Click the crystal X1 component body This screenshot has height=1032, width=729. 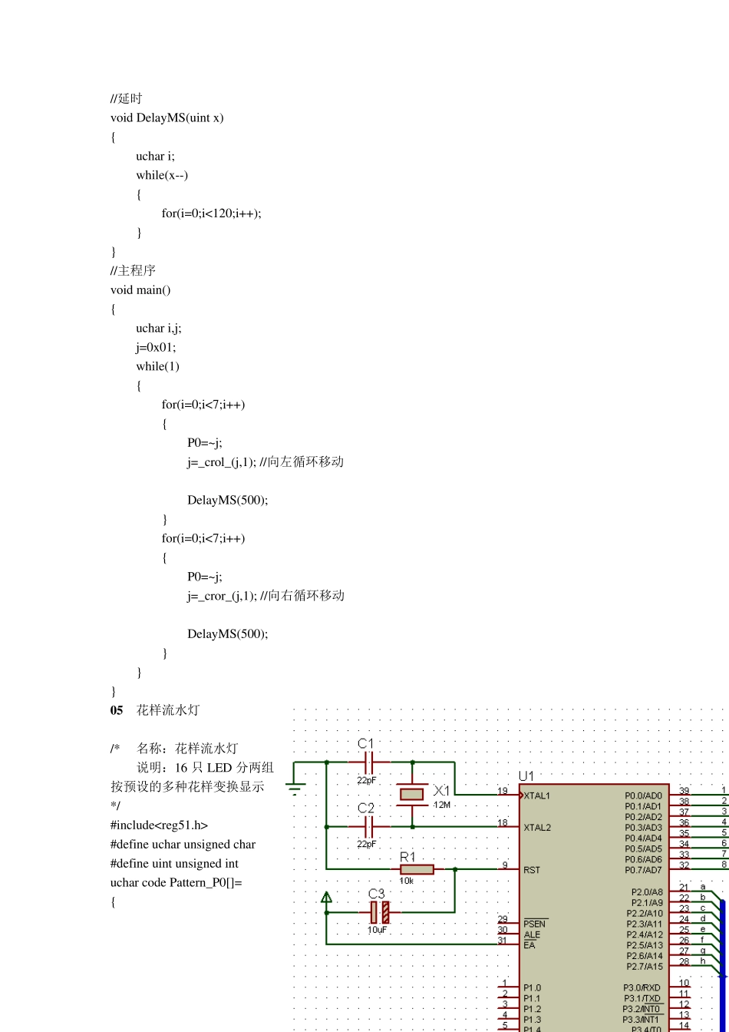pos(412,794)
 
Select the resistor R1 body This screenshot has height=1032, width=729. pos(417,869)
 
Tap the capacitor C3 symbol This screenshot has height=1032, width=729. pos(380,912)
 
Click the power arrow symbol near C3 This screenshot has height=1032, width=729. pos(326,897)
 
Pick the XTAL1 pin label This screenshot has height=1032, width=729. pos(537,795)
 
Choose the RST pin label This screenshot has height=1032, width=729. pos(532,870)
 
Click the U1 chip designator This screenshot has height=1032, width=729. pos(526,776)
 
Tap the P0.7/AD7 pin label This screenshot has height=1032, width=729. pos(643,870)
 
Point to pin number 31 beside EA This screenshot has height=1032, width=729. pos(503,941)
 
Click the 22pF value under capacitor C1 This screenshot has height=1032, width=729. pos(367,780)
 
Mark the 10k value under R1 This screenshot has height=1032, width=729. pos(406,881)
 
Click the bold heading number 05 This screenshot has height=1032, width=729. pos(117,710)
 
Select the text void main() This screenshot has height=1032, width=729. pos(140,289)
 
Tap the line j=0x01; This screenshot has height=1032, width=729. pos(156,347)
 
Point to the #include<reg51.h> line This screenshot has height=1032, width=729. pos(160,825)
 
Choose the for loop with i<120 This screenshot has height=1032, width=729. pos(211,213)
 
